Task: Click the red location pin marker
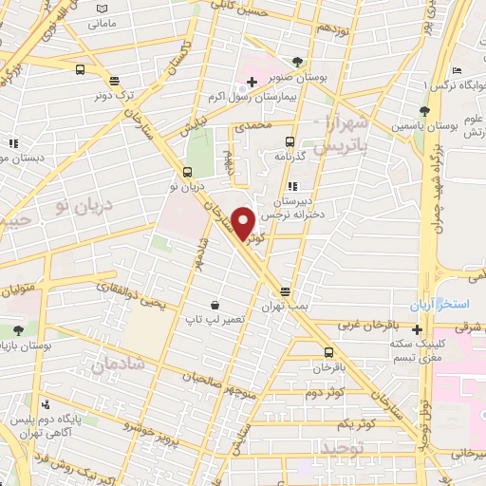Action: click(243, 223)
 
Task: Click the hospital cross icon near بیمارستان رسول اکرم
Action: click(251, 84)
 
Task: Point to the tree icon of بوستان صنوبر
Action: click(299, 62)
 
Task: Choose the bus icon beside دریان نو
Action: click(187, 173)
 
